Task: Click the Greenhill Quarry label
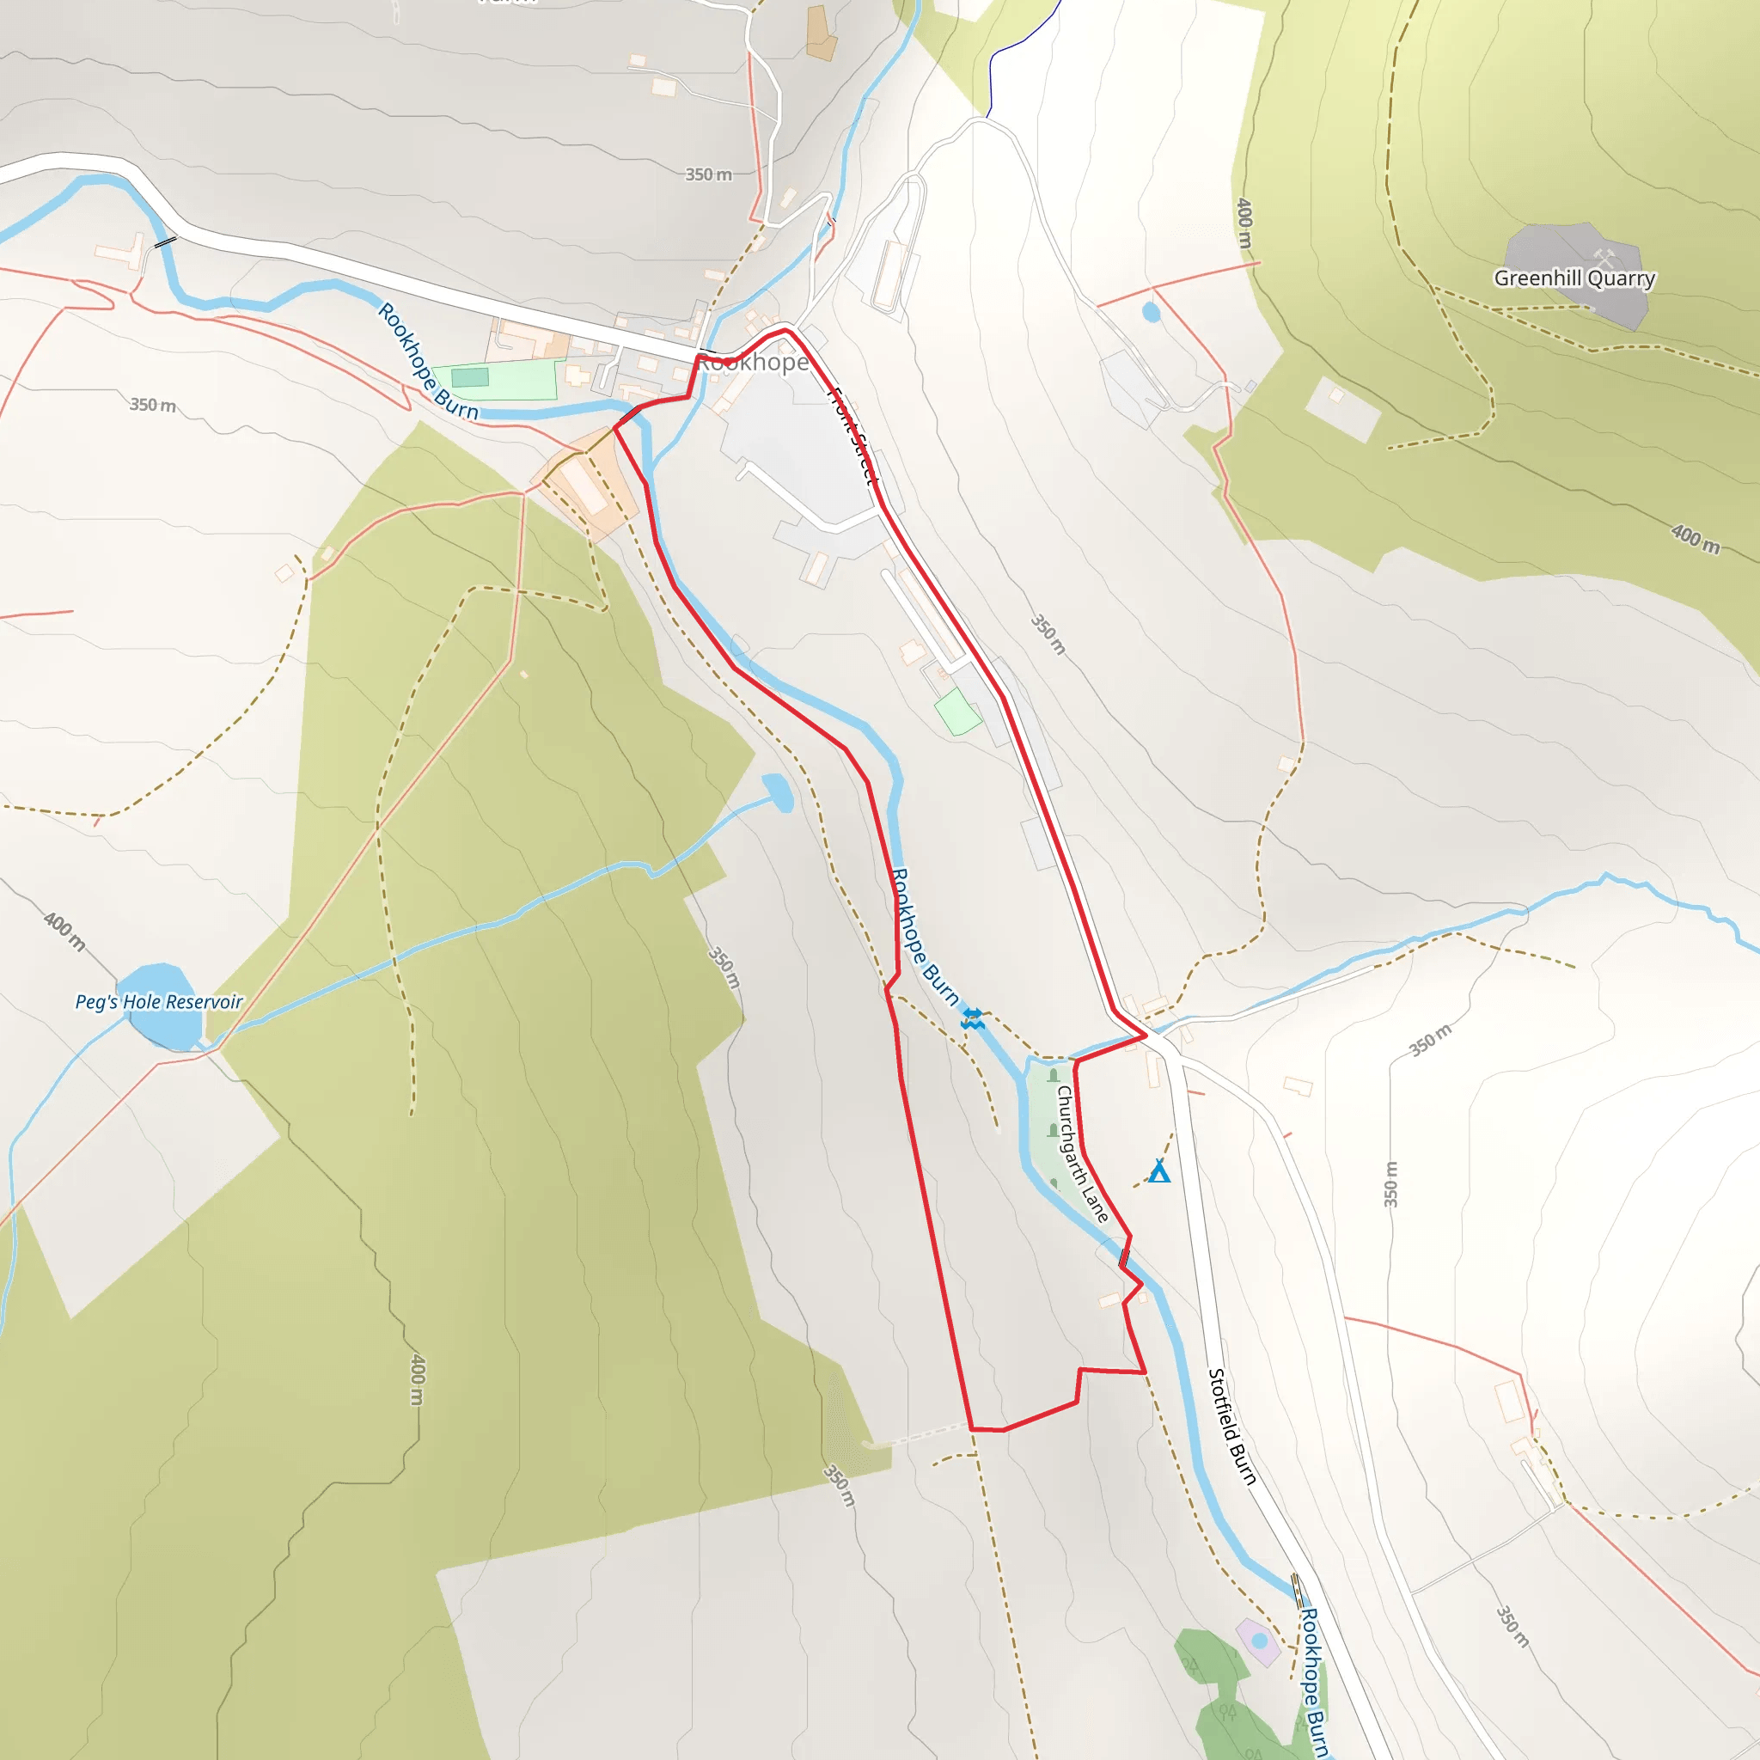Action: [1574, 278]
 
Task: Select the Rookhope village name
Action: [753, 363]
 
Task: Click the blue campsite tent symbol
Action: [1158, 1171]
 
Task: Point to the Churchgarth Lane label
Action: [1081, 1153]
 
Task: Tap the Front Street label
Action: [852, 436]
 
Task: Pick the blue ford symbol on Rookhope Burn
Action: [972, 1018]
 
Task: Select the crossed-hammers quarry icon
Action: [1604, 258]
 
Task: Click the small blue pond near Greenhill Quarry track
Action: [1151, 313]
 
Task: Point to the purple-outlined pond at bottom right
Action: [1259, 1641]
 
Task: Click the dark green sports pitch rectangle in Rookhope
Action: [470, 377]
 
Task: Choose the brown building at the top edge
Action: [820, 34]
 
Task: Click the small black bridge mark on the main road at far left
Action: [165, 241]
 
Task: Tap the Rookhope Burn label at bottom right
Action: [1311, 1682]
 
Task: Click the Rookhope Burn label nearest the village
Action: [426, 362]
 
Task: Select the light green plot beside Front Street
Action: [956, 712]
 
